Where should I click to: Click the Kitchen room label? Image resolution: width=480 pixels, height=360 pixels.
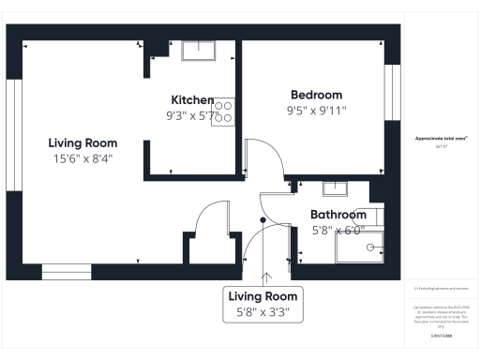click(x=192, y=100)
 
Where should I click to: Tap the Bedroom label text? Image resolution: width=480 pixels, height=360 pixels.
click(x=316, y=95)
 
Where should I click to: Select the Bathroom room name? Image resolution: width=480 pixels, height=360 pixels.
click(x=338, y=215)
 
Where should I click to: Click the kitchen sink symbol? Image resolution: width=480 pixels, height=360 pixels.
click(x=199, y=51)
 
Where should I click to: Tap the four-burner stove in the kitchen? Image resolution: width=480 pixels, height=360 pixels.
click(x=223, y=113)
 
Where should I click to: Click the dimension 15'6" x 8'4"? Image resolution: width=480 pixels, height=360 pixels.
click(x=82, y=158)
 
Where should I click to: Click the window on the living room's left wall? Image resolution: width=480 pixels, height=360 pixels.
click(x=13, y=135)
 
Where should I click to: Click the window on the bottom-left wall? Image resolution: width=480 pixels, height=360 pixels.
click(x=67, y=272)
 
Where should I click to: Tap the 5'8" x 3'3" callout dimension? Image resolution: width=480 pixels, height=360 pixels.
click(x=262, y=313)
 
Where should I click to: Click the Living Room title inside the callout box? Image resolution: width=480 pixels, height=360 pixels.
click(x=262, y=296)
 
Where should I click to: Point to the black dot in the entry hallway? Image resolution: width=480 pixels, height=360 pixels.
click(x=262, y=219)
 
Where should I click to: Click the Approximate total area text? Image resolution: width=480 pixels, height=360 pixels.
click(x=441, y=139)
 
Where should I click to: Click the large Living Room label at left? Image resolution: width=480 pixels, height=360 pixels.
click(x=82, y=142)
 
